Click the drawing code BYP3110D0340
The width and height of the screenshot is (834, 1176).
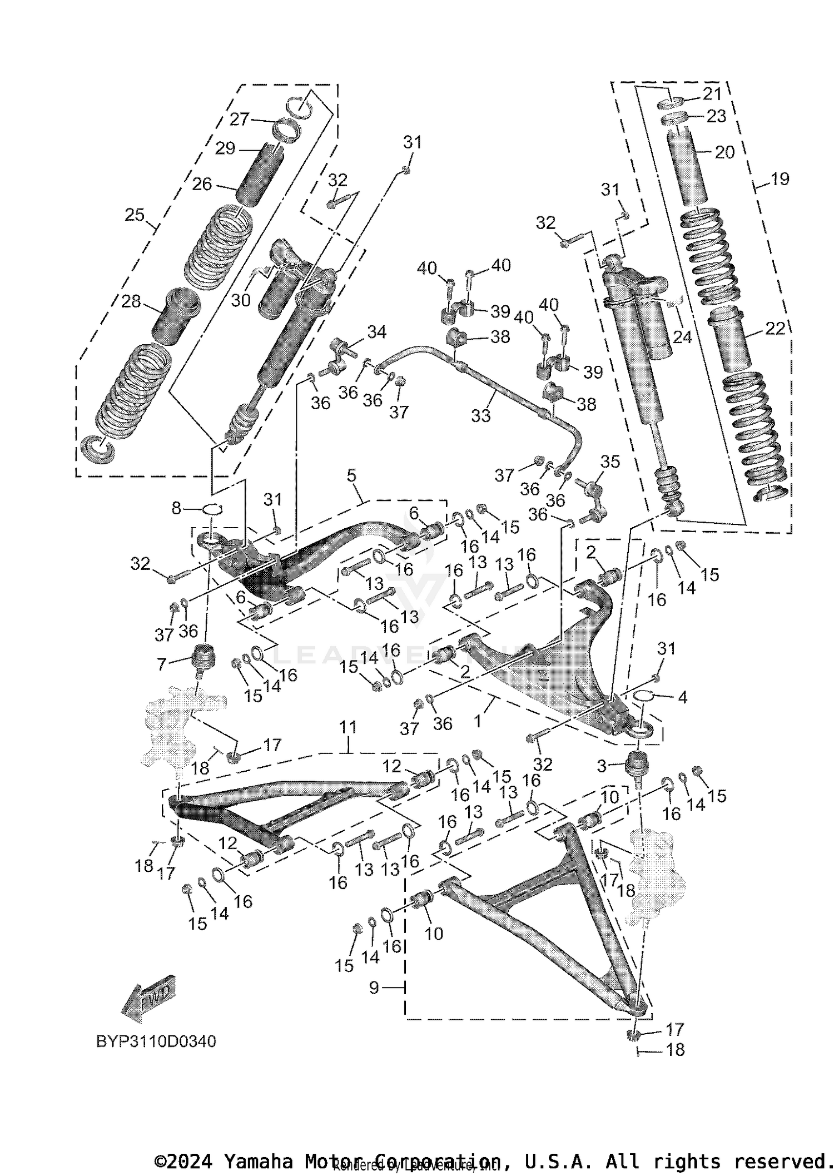[x=156, y=1041]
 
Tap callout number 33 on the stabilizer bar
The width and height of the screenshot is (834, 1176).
[x=481, y=415]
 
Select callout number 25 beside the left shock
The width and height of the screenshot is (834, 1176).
[x=135, y=215]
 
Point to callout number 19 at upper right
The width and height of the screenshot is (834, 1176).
[x=780, y=179]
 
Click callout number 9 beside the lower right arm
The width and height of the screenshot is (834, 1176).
[x=374, y=988]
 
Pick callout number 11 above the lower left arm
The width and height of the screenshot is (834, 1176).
[x=348, y=727]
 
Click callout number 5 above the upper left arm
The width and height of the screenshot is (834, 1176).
[x=351, y=476]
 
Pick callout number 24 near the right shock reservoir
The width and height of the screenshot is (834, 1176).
[x=682, y=337]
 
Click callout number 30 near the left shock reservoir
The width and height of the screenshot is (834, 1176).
[x=241, y=300]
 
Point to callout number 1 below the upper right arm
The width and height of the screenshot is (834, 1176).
[x=478, y=721]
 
